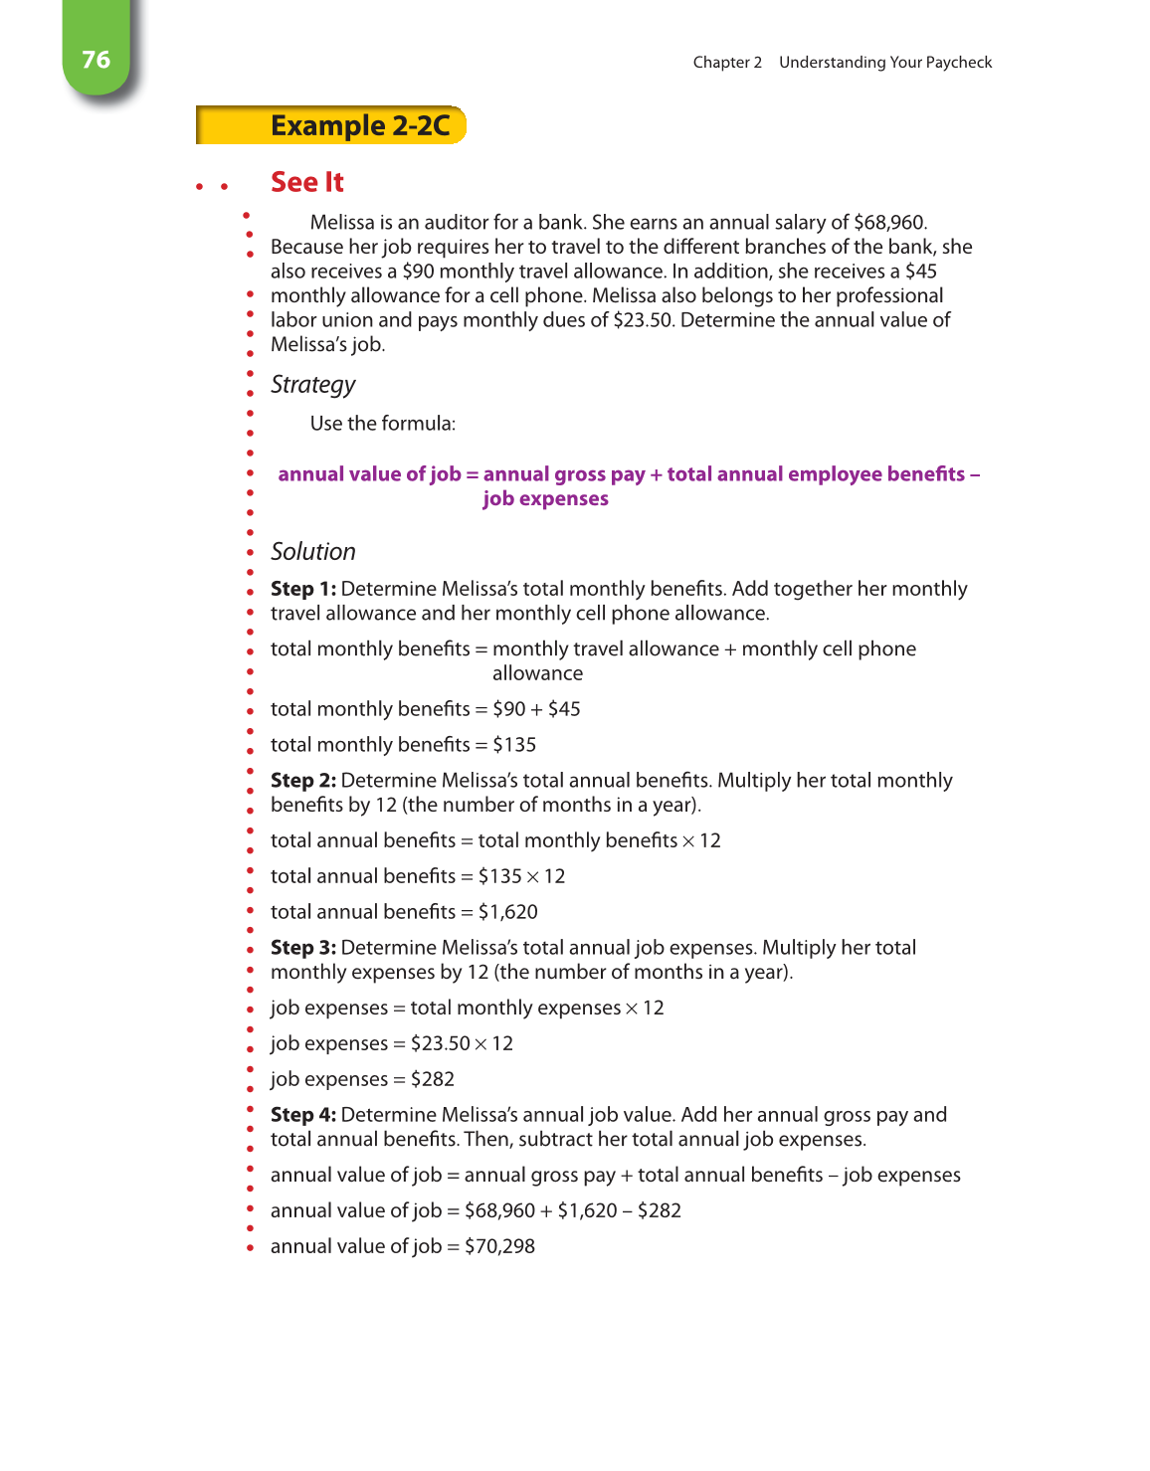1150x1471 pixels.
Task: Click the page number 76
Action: pyautogui.click(x=96, y=60)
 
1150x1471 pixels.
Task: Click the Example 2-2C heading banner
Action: pyautogui.click(x=359, y=126)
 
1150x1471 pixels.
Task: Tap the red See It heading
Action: pyautogui.click(x=306, y=183)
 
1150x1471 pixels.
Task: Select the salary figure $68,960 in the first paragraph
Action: pyautogui.click(x=889, y=223)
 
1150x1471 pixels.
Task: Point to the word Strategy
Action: pyautogui.click(x=312, y=385)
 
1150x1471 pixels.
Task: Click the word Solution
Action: pyautogui.click(x=312, y=552)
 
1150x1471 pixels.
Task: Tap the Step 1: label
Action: pyautogui.click(x=302, y=589)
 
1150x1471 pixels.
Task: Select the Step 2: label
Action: pyautogui.click(x=302, y=781)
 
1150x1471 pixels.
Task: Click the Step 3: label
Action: pyautogui.click(x=302, y=948)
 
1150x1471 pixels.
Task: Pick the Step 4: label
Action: pyautogui.click(x=302, y=1115)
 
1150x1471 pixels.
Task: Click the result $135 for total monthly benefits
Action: pyautogui.click(x=514, y=745)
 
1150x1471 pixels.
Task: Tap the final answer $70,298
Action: pyautogui.click(x=499, y=1246)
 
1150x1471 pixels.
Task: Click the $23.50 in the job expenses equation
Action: pyautogui.click(x=440, y=1043)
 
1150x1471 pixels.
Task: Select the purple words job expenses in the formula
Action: pyautogui.click(x=545, y=499)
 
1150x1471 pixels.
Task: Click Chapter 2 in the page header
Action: pyautogui.click(x=727, y=63)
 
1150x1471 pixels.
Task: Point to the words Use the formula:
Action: pyautogui.click(x=383, y=424)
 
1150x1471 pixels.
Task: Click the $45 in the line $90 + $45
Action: pyautogui.click(x=564, y=709)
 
